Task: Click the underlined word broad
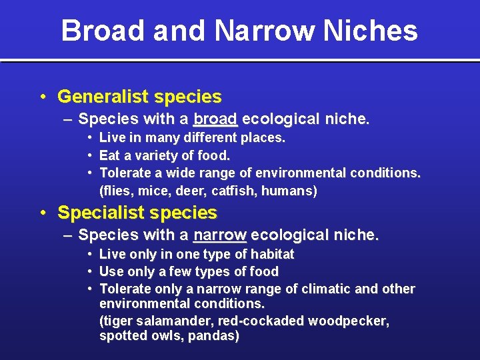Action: click(x=215, y=120)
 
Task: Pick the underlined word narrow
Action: click(x=220, y=235)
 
